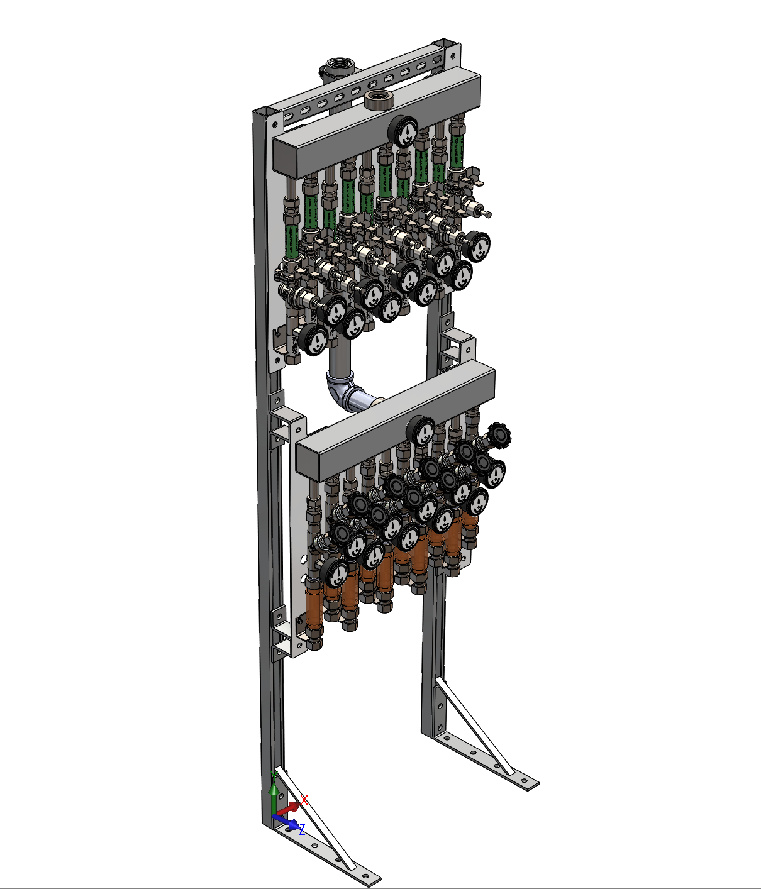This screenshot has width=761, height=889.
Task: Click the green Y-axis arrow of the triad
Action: pos(273,793)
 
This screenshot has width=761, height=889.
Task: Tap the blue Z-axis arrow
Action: pos(287,821)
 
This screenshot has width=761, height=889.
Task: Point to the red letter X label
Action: pos(304,799)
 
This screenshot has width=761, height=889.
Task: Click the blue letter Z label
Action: pos(302,830)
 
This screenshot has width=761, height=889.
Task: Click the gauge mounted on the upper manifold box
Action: pos(403,131)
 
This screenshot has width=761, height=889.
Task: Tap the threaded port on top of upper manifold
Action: pos(379,99)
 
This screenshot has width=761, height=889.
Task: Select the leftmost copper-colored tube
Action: pos(314,606)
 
